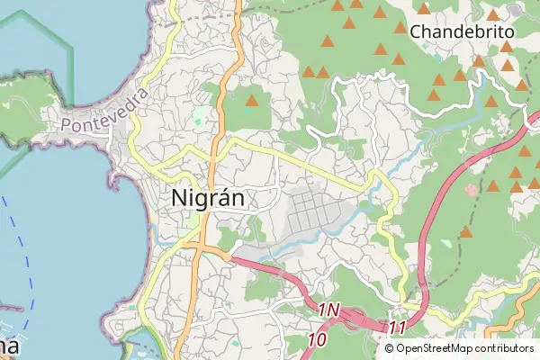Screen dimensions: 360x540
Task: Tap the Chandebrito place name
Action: [x=462, y=31]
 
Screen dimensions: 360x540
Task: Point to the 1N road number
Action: [x=328, y=310]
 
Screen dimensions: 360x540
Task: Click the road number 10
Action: [x=316, y=340]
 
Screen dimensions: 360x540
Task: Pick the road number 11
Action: [x=398, y=328]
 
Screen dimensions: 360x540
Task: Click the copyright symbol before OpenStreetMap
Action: [x=390, y=348]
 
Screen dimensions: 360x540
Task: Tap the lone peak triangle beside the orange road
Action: [x=251, y=100]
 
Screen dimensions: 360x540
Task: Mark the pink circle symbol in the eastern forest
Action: [x=471, y=189]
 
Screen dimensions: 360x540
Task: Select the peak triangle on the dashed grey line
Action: [x=465, y=232]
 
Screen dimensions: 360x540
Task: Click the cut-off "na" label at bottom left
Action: [x=9, y=347]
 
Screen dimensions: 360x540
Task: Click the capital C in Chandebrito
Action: [x=417, y=32]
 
